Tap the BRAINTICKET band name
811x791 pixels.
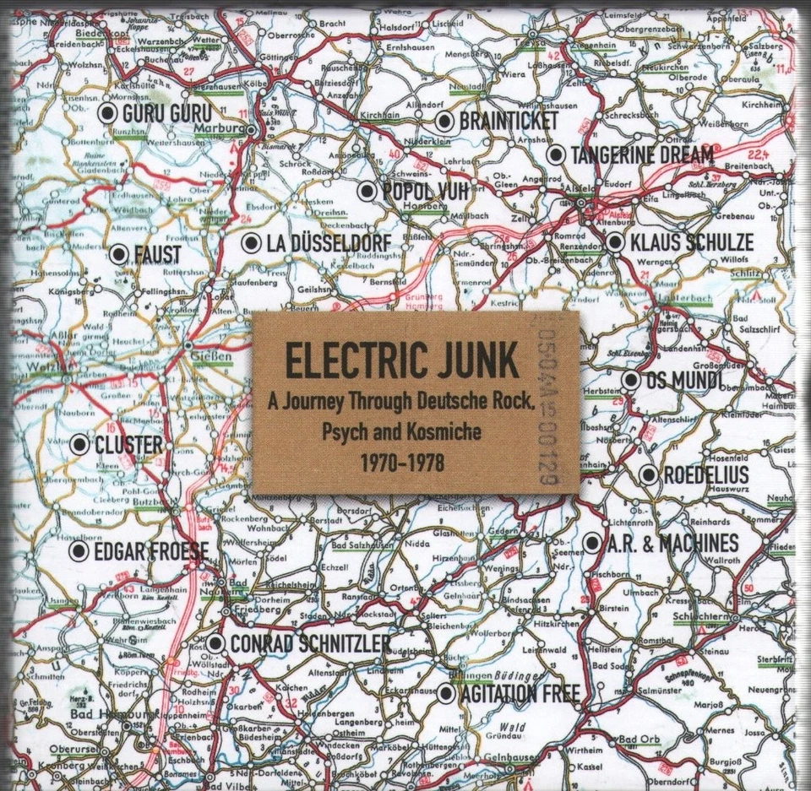coord(509,122)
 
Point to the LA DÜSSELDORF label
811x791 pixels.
coord(329,244)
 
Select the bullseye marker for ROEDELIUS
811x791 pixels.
coord(649,474)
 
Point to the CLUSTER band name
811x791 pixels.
coord(128,444)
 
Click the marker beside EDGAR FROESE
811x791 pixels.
coord(79,552)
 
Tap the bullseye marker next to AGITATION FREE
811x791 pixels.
coord(446,694)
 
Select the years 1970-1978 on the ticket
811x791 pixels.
coord(402,462)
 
